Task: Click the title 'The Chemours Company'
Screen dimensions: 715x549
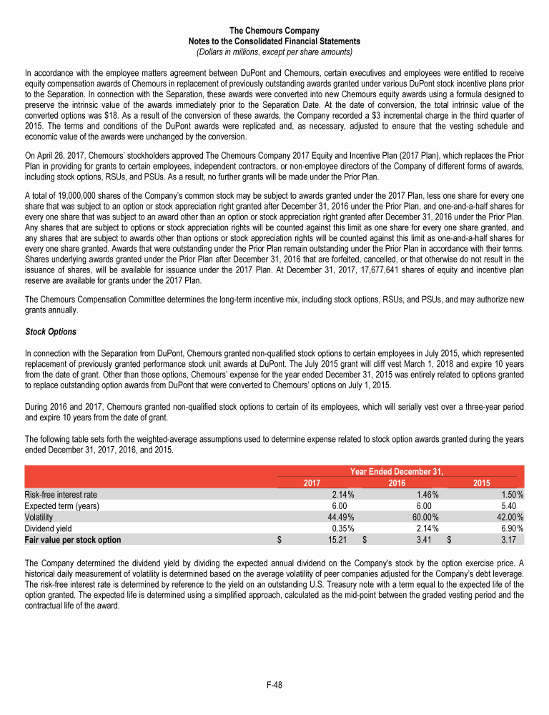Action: point(274,30)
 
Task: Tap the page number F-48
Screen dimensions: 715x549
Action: point(274,684)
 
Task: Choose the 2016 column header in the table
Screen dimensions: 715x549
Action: point(397,483)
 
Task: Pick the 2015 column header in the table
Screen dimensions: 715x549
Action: point(483,483)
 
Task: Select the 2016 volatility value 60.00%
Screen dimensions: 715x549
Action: point(425,517)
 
